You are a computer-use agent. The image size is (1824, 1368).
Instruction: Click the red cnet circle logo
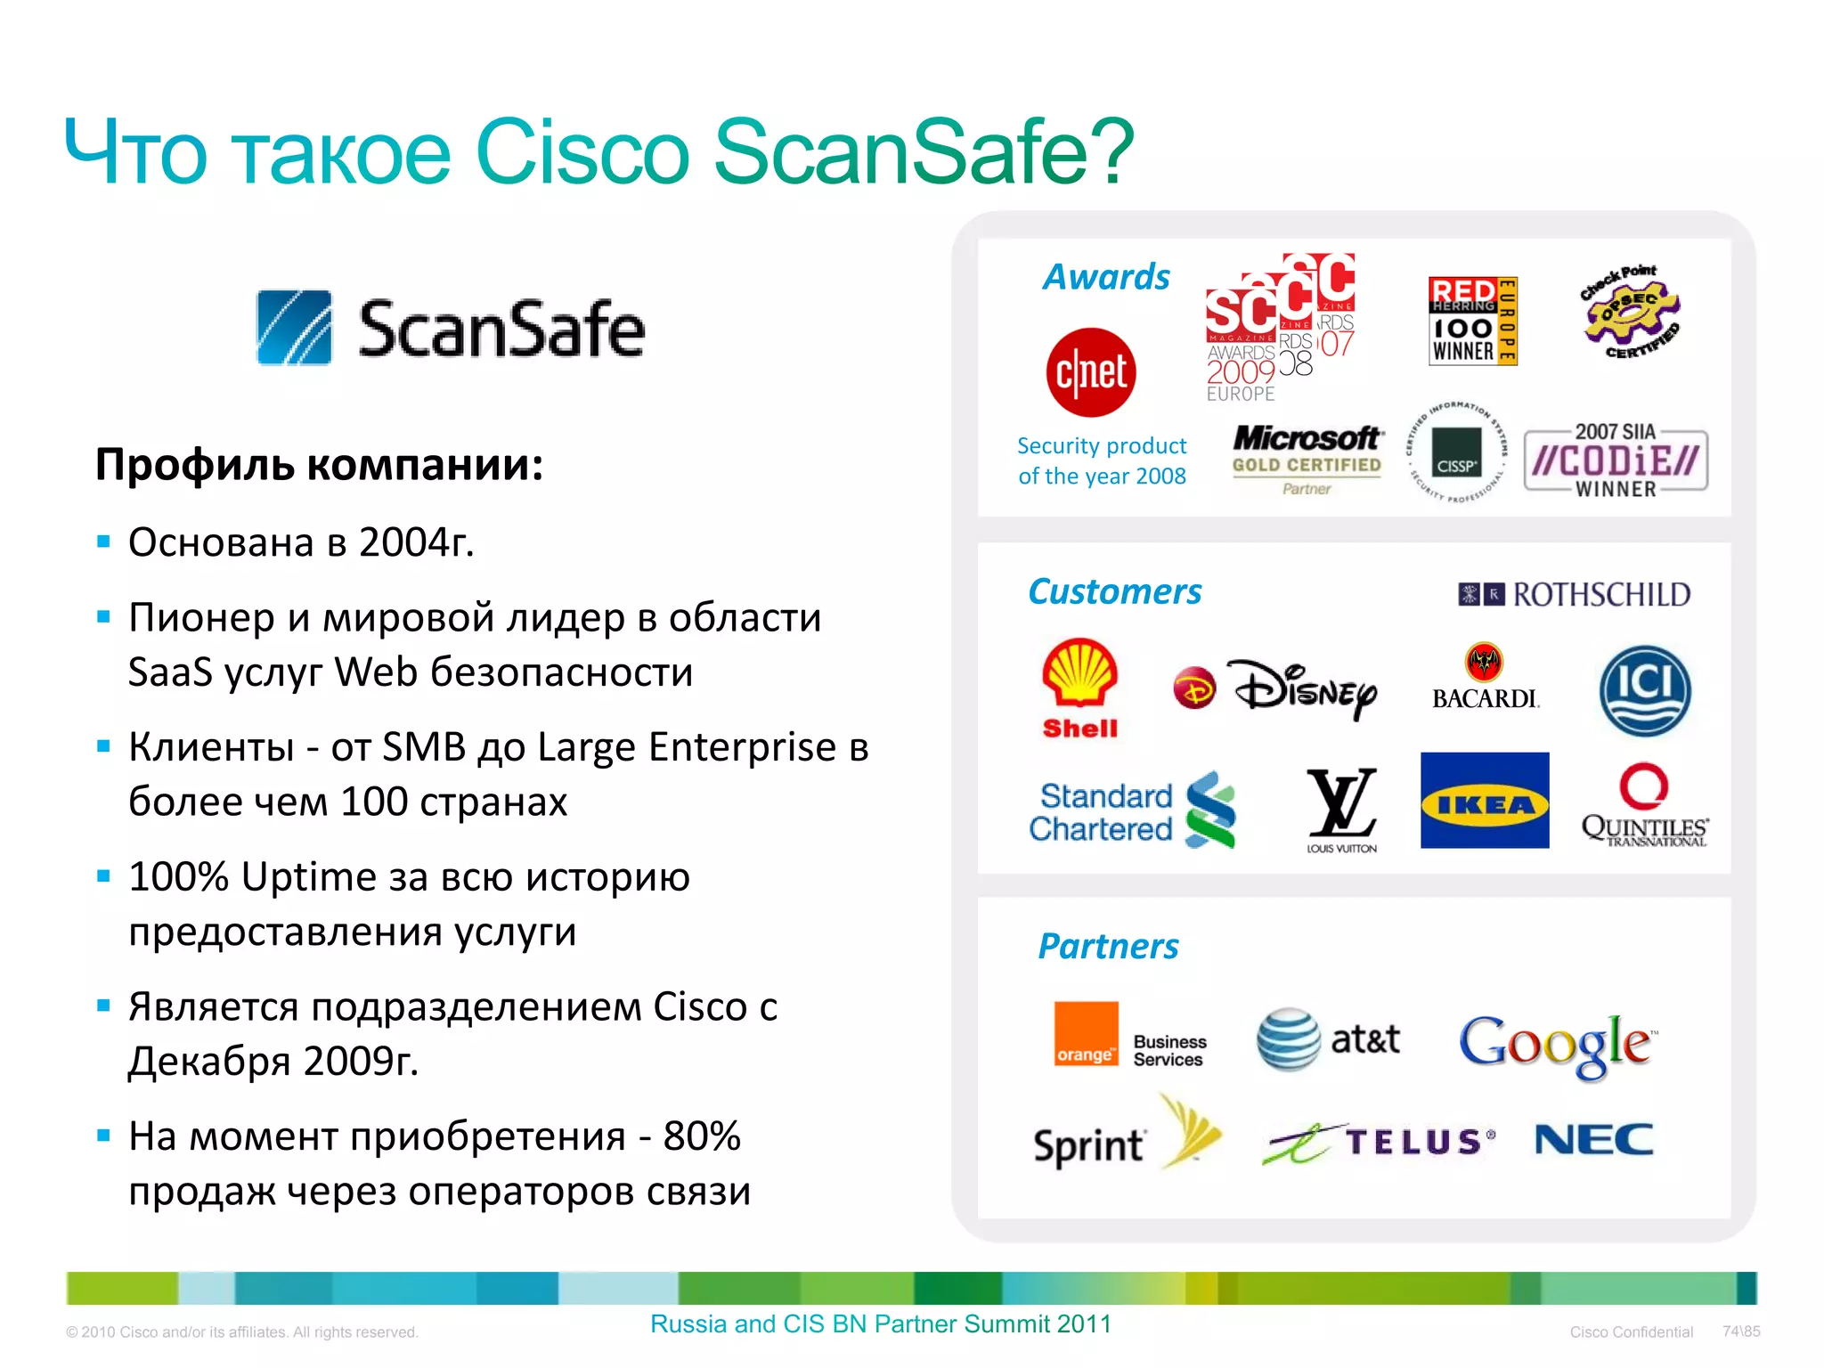pyautogui.click(x=1090, y=372)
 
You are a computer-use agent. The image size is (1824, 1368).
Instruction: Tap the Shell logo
pyautogui.click(x=1079, y=686)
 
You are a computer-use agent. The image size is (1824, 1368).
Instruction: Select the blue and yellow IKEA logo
pyautogui.click(x=1484, y=801)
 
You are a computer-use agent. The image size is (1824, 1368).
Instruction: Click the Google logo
pyautogui.click(x=1558, y=1044)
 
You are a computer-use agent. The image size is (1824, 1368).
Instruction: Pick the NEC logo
pyautogui.click(x=1593, y=1139)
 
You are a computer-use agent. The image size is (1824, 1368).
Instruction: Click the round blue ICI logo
pyautogui.click(x=1644, y=691)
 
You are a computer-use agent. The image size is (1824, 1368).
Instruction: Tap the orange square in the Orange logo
pyautogui.click(x=1086, y=1033)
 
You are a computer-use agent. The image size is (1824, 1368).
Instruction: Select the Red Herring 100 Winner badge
pyautogui.click(x=1471, y=321)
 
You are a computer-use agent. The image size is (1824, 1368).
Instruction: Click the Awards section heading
pyautogui.click(x=1106, y=277)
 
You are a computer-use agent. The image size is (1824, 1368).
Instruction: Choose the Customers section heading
pyautogui.click(x=1114, y=591)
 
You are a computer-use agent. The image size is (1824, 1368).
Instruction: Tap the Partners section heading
pyautogui.click(x=1108, y=946)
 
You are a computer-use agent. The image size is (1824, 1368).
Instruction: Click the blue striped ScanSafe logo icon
pyautogui.click(x=294, y=328)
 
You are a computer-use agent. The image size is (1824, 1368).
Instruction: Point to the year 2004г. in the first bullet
pyautogui.click(x=416, y=541)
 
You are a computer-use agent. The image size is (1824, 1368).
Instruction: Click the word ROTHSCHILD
pyautogui.click(x=1601, y=595)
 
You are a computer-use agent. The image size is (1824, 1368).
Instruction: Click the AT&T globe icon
pyautogui.click(x=1288, y=1039)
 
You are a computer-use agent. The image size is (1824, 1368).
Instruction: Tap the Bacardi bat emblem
pyautogui.click(x=1484, y=663)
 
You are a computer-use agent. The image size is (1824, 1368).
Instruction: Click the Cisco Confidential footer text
pyautogui.click(x=1631, y=1331)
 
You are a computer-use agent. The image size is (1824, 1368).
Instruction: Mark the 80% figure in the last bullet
pyautogui.click(x=702, y=1136)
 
